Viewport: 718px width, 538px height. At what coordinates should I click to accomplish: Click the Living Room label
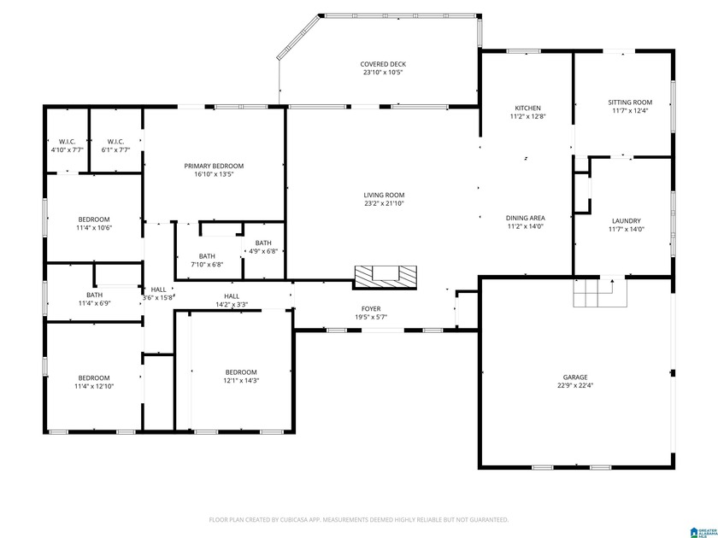point(384,195)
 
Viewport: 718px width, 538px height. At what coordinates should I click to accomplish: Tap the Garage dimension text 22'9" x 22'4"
point(574,385)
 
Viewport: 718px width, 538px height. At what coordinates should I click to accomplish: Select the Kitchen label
point(527,108)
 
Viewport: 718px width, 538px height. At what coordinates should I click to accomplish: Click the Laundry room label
point(626,220)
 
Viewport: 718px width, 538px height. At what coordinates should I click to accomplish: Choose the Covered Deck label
point(384,64)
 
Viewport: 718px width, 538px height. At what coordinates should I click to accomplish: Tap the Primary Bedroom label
point(214,166)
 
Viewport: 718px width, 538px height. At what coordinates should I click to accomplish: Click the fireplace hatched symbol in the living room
point(385,275)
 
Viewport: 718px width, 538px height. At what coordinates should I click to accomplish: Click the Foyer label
point(371,308)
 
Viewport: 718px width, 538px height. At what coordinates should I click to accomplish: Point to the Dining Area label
point(525,218)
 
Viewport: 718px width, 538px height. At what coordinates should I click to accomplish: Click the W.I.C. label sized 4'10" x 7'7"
point(67,141)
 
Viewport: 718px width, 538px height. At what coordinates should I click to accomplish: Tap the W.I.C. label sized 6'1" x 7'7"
point(116,141)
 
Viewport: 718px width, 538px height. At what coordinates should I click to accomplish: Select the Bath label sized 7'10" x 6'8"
point(207,255)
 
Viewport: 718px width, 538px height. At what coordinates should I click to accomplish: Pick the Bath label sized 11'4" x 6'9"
point(94,295)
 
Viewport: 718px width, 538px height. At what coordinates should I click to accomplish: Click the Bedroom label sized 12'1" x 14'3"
point(241,371)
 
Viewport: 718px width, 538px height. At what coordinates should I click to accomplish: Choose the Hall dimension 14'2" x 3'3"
point(232,300)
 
